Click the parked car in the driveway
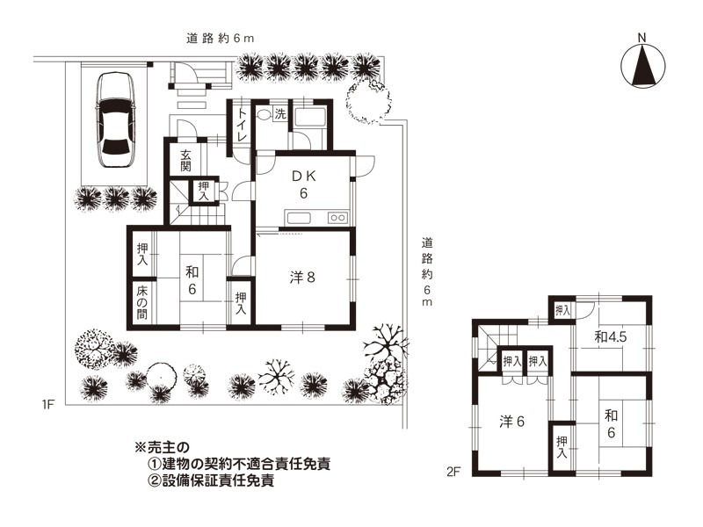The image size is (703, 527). [x=116, y=120]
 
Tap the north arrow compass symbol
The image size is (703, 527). [x=643, y=64]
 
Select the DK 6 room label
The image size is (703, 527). [x=304, y=184]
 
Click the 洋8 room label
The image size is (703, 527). [x=302, y=278]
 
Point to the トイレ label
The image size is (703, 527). [x=243, y=124]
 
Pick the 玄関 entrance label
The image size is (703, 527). [x=185, y=161]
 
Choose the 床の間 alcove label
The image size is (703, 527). [x=142, y=302]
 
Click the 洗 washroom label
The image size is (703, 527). [x=280, y=114]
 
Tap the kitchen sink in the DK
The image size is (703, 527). [x=299, y=218]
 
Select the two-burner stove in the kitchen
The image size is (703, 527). [x=338, y=218]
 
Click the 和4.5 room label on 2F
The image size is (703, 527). [x=610, y=337]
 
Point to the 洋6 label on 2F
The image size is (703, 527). [x=512, y=422]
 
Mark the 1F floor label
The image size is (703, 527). [x=48, y=405]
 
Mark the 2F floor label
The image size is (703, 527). [x=453, y=472]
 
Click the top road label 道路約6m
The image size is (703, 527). [x=221, y=39]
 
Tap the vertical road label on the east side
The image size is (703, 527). [x=427, y=272]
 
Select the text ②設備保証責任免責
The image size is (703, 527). [x=211, y=480]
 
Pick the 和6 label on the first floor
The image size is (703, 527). [x=192, y=281]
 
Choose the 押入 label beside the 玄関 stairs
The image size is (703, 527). [x=204, y=191]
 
